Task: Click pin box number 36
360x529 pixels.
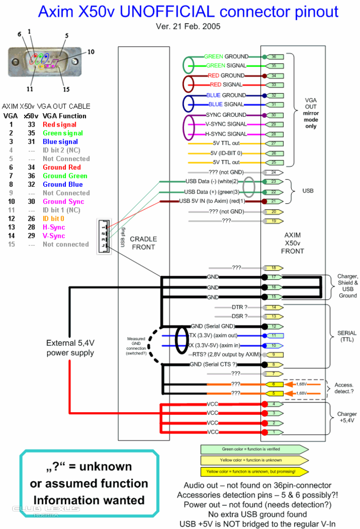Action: click(x=274, y=57)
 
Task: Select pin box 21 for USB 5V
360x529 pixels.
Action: click(x=274, y=201)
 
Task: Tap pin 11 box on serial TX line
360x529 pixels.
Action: click(x=274, y=335)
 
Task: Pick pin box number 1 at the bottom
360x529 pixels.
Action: click(x=274, y=432)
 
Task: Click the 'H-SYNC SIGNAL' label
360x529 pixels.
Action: click(x=226, y=134)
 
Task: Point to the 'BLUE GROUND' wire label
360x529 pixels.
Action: click(x=226, y=95)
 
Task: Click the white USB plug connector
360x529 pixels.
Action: click(x=104, y=236)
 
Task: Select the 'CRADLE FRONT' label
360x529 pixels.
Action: click(x=143, y=243)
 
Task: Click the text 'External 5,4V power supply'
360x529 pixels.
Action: click(x=70, y=348)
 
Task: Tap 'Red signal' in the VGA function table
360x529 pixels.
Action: click(x=59, y=125)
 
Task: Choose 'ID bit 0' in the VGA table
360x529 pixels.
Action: click(x=53, y=219)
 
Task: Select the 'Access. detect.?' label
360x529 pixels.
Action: click(x=344, y=388)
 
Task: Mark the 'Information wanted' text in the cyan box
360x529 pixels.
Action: click(x=89, y=500)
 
